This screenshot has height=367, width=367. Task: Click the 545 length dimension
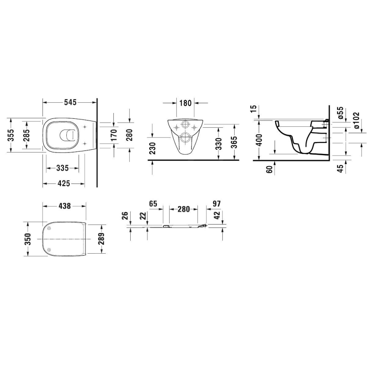[70, 102]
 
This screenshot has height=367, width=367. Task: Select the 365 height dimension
[234, 142]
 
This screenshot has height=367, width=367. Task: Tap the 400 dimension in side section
[259, 140]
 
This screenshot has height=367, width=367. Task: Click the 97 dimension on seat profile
[216, 204]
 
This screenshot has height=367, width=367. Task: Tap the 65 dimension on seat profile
[153, 204]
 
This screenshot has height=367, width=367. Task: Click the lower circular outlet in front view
[184, 137]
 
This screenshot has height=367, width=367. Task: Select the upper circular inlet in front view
[184, 125]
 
